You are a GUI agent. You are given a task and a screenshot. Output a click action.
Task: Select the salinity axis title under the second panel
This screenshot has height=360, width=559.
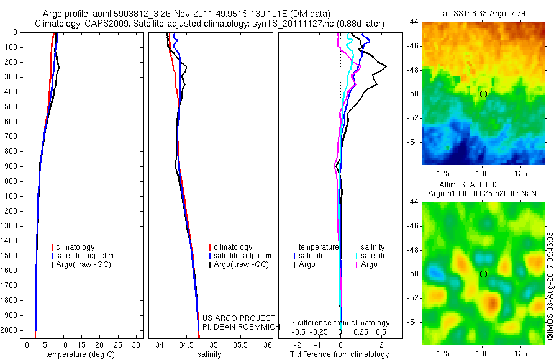209,354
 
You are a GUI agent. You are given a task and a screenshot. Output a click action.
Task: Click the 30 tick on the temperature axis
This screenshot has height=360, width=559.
137,344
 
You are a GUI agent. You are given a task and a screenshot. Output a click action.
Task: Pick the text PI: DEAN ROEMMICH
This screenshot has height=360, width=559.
238,326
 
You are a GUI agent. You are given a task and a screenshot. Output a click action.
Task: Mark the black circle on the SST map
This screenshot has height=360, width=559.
483,94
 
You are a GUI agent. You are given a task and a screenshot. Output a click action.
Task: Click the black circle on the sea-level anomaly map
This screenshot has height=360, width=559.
483,274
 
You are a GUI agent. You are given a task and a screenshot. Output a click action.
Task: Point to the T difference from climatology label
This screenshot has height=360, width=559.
339,354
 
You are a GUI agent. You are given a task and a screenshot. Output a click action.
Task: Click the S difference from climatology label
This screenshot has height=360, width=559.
340,323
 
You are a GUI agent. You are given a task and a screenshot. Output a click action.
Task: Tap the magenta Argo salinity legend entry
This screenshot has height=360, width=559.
369,264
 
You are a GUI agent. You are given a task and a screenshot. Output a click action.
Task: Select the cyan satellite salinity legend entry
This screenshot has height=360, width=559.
373,256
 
